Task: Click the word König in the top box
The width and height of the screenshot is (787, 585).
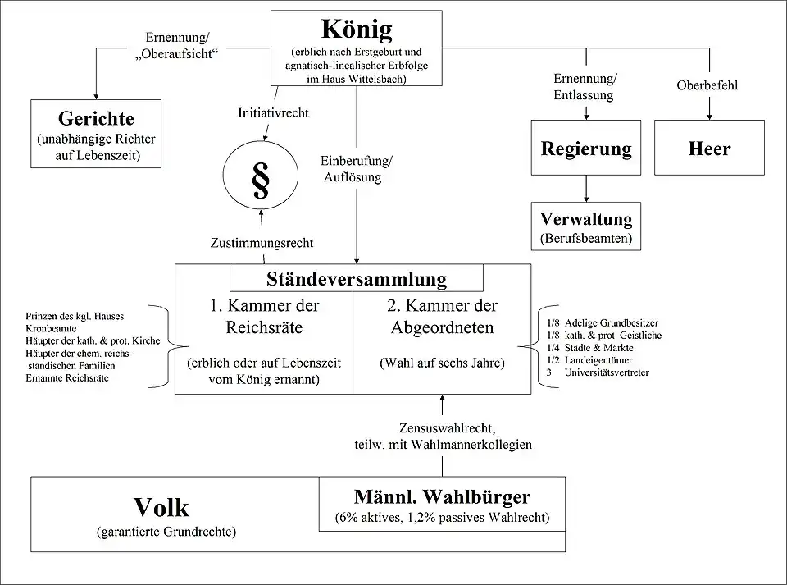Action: pos(357,30)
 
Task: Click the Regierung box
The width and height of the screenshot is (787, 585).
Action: pos(586,149)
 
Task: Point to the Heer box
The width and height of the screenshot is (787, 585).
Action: pos(709,149)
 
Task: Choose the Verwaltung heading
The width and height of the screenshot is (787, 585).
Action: pos(586,220)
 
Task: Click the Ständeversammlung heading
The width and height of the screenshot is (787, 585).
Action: pos(357,278)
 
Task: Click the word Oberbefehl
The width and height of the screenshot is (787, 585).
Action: pos(708,85)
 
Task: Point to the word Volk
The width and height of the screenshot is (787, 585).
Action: pos(161,507)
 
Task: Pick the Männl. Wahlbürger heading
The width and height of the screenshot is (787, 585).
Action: pos(442,497)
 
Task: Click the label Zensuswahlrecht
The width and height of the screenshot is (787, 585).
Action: pos(442,428)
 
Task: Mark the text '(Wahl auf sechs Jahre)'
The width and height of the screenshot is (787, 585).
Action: pos(442,362)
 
